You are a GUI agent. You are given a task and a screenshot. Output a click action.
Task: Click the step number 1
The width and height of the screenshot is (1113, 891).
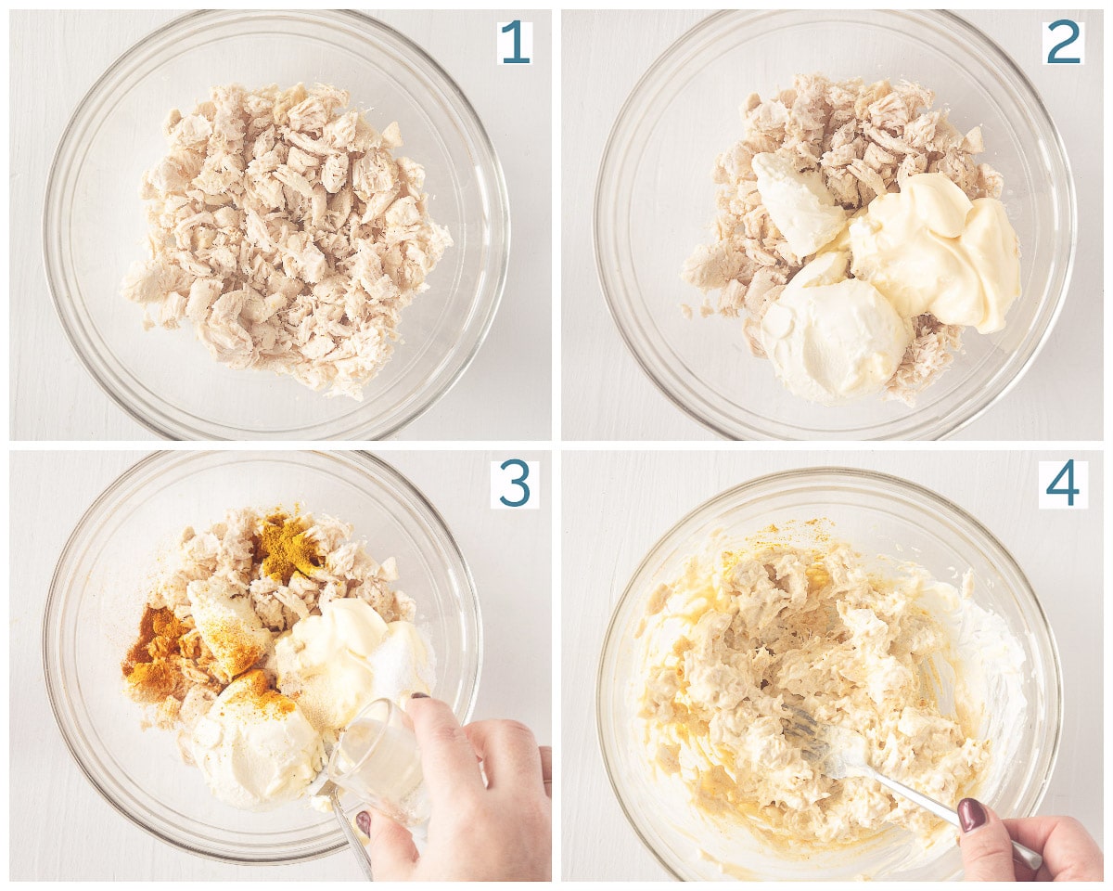click(x=515, y=43)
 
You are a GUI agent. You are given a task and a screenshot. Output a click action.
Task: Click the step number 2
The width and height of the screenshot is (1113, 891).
click(x=1063, y=43)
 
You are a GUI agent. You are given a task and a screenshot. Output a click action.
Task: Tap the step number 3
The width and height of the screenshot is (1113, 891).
click(x=515, y=484)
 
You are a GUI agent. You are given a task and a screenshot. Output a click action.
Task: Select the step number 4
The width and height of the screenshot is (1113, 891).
click(x=1063, y=484)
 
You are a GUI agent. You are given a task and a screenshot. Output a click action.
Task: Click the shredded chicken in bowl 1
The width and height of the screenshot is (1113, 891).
click(x=286, y=239)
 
